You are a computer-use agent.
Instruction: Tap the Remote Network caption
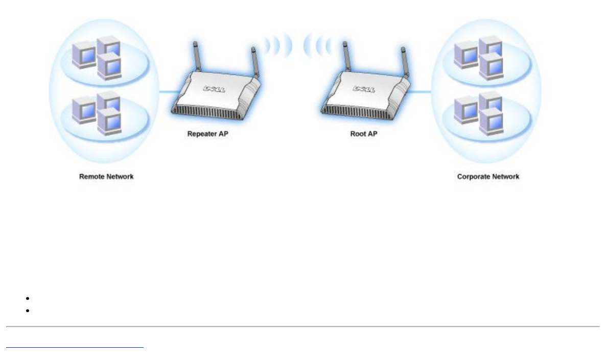[x=106, y=177]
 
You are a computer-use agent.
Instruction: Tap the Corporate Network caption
[x=488, y=177]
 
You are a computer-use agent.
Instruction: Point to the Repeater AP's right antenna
[x=253, y=66]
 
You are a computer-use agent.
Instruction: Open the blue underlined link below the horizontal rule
[x=75, y=346]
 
